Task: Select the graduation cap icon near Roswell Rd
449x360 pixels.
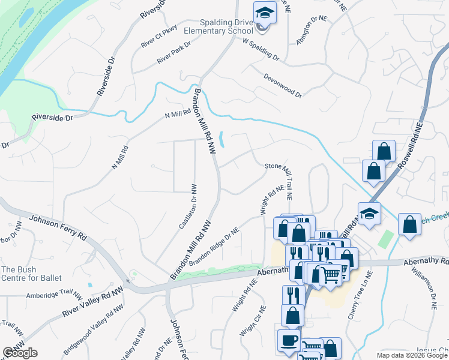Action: click(370, 214)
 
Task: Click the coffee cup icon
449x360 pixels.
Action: click(288, 340)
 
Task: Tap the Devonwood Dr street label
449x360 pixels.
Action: click(282, 85)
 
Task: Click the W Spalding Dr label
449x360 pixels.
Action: click(261, 50)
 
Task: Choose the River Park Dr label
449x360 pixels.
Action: click(173, 53)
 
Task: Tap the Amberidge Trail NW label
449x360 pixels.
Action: click(54, 293)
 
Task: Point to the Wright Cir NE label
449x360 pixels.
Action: click(252, 323)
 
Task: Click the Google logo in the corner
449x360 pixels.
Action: click(20, 353)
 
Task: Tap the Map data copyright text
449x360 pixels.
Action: click(411, 355)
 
